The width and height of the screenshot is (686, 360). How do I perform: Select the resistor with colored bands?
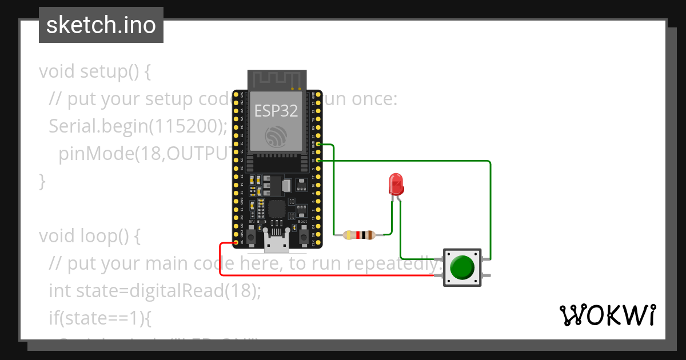tap(358, 235)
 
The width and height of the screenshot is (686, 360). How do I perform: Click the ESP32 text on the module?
tap(276, 110)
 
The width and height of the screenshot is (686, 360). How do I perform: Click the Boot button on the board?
tap(303, 234)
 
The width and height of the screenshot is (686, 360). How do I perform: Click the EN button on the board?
tap(251, 234)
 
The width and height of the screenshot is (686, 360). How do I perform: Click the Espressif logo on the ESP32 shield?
tap(277, 137)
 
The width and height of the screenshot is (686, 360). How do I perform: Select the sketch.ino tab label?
tap(101, 25)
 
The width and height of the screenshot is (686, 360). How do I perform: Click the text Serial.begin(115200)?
tap(138, 126)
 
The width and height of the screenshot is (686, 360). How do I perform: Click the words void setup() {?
tap(95, 72)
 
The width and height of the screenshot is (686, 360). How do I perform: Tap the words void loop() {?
tap(90, 236)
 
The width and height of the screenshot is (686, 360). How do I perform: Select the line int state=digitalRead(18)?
tap(155, 291)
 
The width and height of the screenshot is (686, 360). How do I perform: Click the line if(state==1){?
tap(99, 318)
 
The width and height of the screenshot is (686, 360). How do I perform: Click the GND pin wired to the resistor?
tap(318, 145)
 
